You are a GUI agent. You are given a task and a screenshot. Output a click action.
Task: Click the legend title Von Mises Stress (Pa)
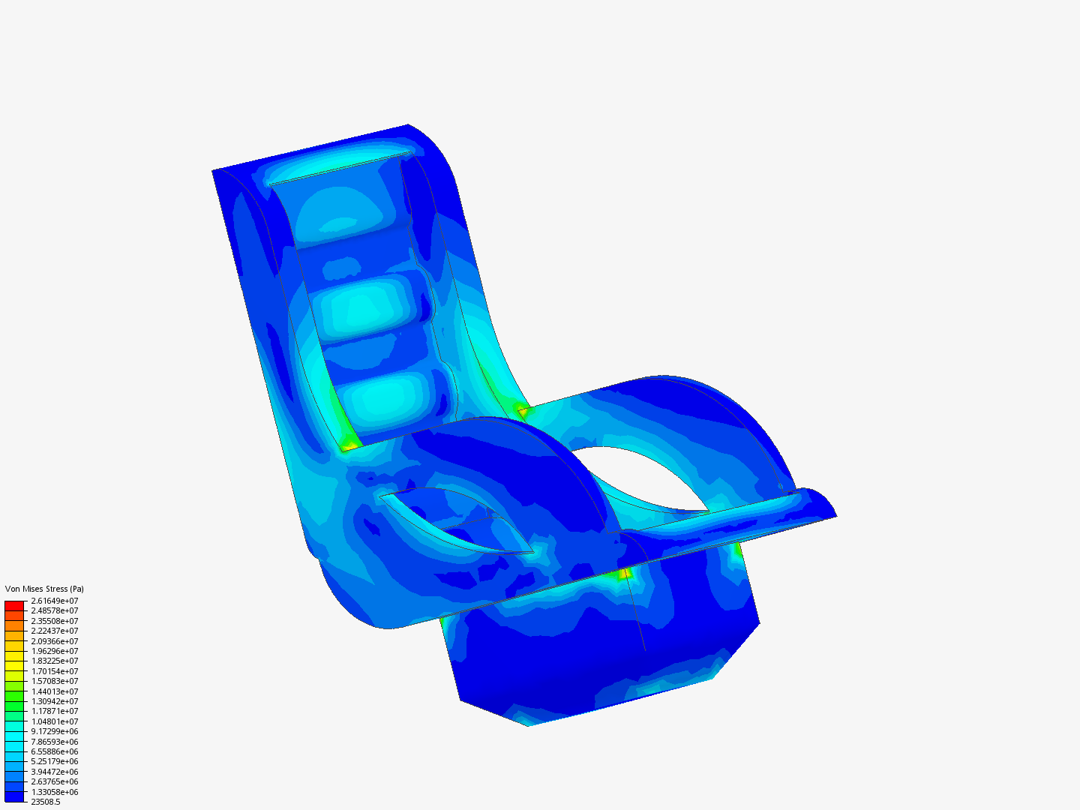[44, 589]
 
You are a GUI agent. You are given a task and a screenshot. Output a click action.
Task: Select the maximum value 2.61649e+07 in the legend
[55, 601]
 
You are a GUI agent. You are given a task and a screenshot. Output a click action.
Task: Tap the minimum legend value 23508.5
[46, 802]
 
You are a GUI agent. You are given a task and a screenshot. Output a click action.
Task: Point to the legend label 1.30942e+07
[55, 701]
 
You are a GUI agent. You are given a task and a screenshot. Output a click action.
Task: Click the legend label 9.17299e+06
[55, 731]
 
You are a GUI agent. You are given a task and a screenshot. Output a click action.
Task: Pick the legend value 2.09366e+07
[55, 641]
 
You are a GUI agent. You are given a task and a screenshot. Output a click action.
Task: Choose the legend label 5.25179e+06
[55, 762]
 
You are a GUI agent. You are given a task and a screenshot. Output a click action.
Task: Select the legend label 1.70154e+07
[55, 671]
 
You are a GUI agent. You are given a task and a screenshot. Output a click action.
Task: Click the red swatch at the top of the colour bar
[14, 606]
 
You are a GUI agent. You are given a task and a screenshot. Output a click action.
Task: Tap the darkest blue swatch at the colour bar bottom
[14, 796]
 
